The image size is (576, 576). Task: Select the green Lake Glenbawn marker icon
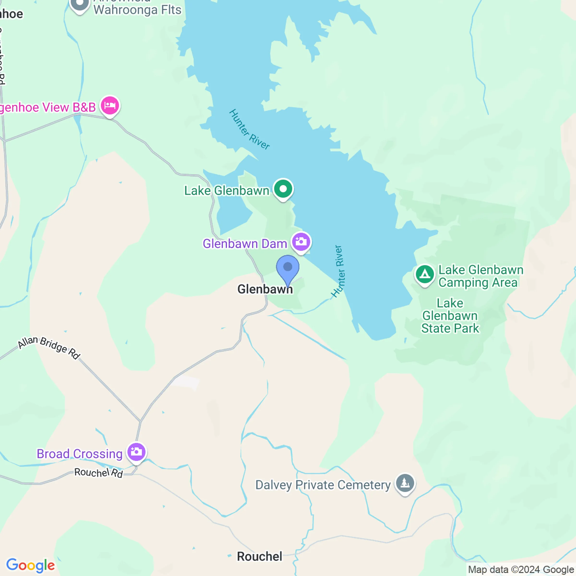[x=283, y=189]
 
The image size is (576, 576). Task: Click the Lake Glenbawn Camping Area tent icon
[x=425, y=275]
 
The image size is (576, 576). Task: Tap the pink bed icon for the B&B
[x=110, y=106]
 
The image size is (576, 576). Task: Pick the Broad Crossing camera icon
[x=136, y=452]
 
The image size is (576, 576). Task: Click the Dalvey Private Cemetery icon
[x=405, y=483]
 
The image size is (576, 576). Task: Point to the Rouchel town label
[x=259, y=556]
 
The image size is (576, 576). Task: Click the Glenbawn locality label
[x=265, y=289]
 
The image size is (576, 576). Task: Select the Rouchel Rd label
[x=98, y=473]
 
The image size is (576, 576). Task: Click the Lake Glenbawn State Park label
[x=450, y=316]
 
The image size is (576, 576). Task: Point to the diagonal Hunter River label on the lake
[x=249, y=129]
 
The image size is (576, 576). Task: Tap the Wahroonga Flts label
[x=137, y=10]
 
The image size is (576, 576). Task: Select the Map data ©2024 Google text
[x=521, y=570]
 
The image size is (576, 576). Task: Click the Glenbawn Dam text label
[x=245, y=244]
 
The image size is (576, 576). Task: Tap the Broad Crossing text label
[x=80, y=454]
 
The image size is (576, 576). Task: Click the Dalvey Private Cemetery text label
[x=323, y=485]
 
